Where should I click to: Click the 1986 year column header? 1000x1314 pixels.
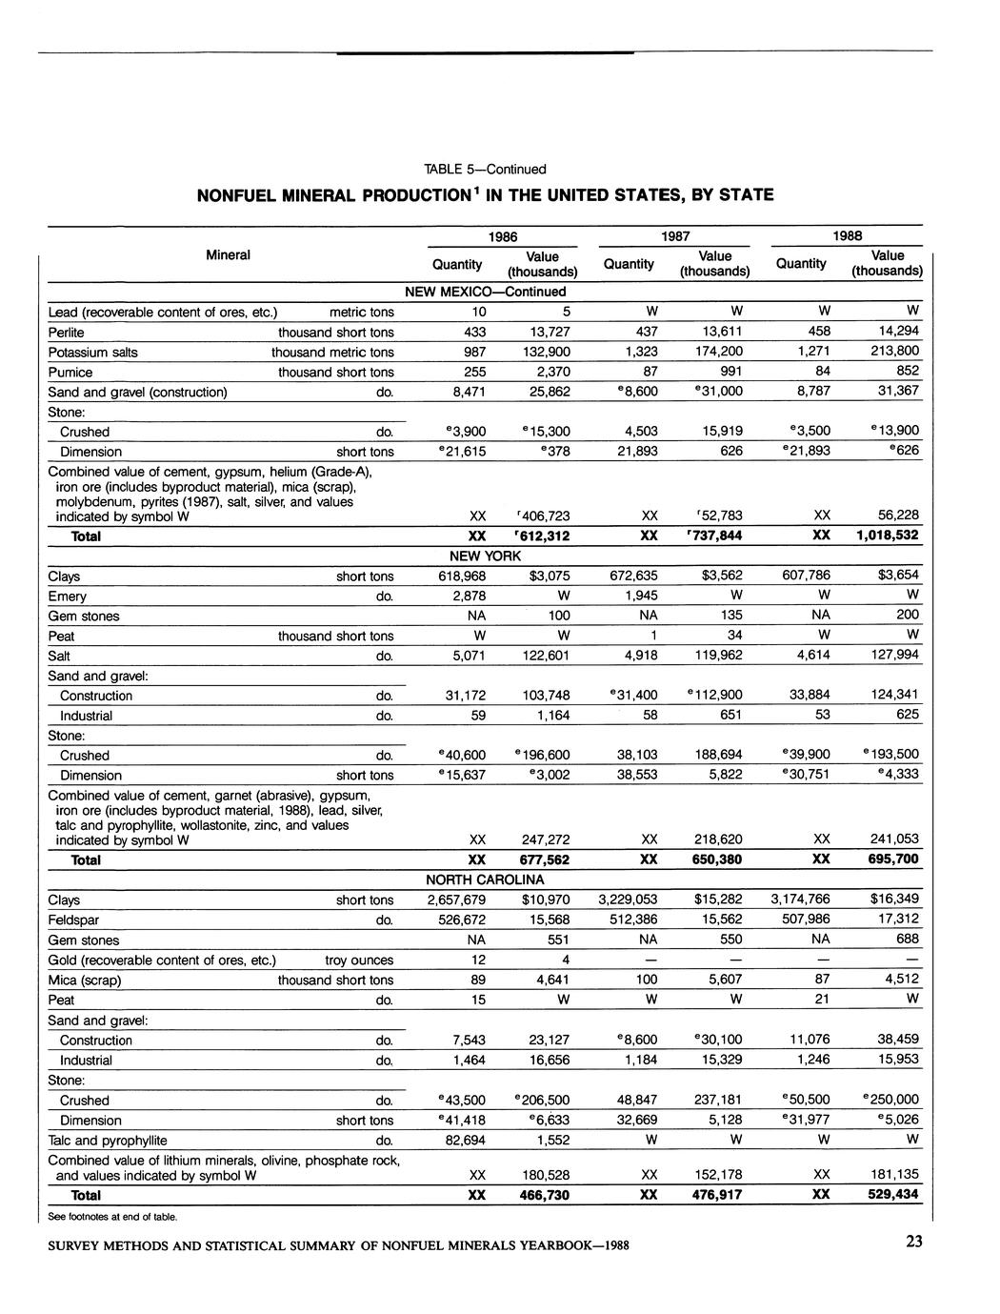pos(502,236)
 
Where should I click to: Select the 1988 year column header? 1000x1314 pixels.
pos(847,236)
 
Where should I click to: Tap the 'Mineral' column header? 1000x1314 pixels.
pos(228,255)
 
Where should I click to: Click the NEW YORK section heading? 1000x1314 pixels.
pos(485,556)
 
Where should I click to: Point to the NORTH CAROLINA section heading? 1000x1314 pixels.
pos(485,879)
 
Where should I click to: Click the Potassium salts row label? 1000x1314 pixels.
pos(92,353)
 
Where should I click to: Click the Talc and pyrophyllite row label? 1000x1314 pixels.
pos(107,1141)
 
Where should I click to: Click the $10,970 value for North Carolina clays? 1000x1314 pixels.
pos(545,900)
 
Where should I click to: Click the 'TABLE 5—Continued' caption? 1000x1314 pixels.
pos(485,170)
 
